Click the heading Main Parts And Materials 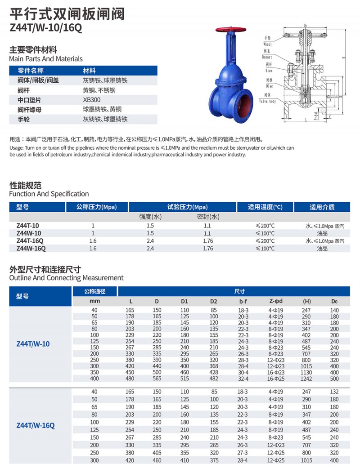(x=46, y=59)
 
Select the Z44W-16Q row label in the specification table (x=31, y=248)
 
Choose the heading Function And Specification (x=49, y=194)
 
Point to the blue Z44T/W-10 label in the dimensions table (x=33, y=344)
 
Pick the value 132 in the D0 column (x=334, y=392)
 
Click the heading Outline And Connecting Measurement (x=66, y=278)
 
